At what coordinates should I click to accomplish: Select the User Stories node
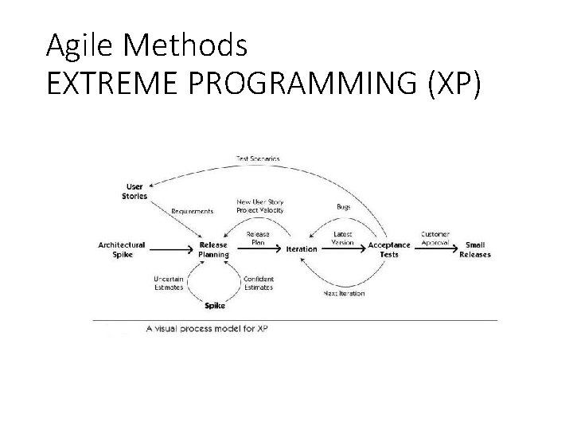pyautogui.click(x=134, y=191)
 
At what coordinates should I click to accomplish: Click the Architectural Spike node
pyautogui.click(x=121, y=249)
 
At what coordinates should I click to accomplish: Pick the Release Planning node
pyautogui.click(x=212, y=250)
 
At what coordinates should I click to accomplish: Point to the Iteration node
pyautogui.click(x=302, y=249)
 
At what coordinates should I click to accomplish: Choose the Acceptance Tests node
pyautogui.click(x=389, y=249)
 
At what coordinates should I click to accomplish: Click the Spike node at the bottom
pyautogui.click(x=214, y=305)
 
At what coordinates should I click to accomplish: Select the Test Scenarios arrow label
pyautogui.click(x=258, y=159)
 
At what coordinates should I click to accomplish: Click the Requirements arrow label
pyautogui.click(x=192, y=211)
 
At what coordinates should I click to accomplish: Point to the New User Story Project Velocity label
pyautogui.click(x=259, y=206)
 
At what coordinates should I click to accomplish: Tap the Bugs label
pyautogui.click(x=344, y=206)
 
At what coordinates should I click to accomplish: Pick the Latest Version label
pyautogui.click(x=343, y=238)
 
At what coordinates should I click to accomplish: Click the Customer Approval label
pyautogui.click(x=435, y=238)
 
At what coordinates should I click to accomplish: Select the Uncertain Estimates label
pyautogui.click(x=168, y=283)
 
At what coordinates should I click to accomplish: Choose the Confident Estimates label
pyautogui.click(x=258, y=283)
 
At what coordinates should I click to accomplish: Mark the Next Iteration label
pyautogui.click(x=344, y=293)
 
